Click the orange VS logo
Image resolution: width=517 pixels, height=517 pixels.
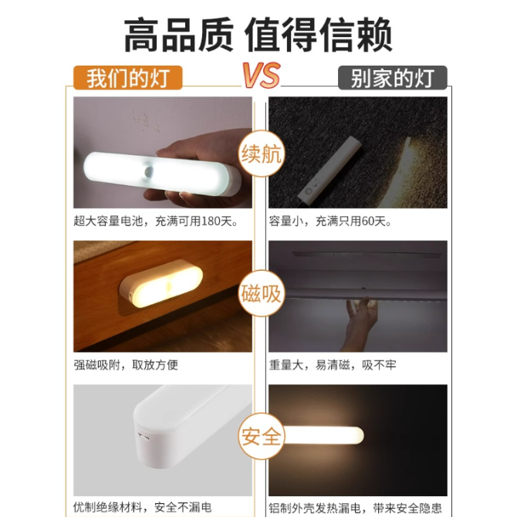pos(262,75)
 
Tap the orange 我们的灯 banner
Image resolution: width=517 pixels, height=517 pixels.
pos(127,78)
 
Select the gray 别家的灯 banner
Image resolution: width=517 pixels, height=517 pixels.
pos(392,78)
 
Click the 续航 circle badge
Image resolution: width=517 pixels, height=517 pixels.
pos(261,154)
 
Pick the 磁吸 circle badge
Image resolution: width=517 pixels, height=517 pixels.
pos(261,293)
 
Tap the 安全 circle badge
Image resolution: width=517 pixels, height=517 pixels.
pos(261,436)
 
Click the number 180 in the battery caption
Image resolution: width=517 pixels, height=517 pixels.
pos(211,221)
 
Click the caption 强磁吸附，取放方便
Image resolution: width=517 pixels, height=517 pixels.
pos(126,365)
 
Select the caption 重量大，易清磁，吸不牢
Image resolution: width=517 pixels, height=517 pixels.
pos(333,365)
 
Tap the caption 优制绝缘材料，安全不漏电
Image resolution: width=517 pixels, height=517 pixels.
pos(143,508)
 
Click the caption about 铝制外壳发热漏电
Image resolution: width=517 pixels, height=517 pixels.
pos(355,508)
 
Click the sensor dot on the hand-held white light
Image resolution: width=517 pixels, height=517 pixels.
pos(149,171)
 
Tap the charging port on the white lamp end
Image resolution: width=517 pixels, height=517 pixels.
pos(144,438)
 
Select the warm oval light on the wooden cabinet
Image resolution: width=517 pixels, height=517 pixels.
pos(161,284)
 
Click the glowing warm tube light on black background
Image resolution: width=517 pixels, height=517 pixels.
pos(323,435)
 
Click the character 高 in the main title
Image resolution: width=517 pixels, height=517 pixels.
pos(142,35)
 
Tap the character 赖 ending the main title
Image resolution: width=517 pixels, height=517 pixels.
pos(374,35)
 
